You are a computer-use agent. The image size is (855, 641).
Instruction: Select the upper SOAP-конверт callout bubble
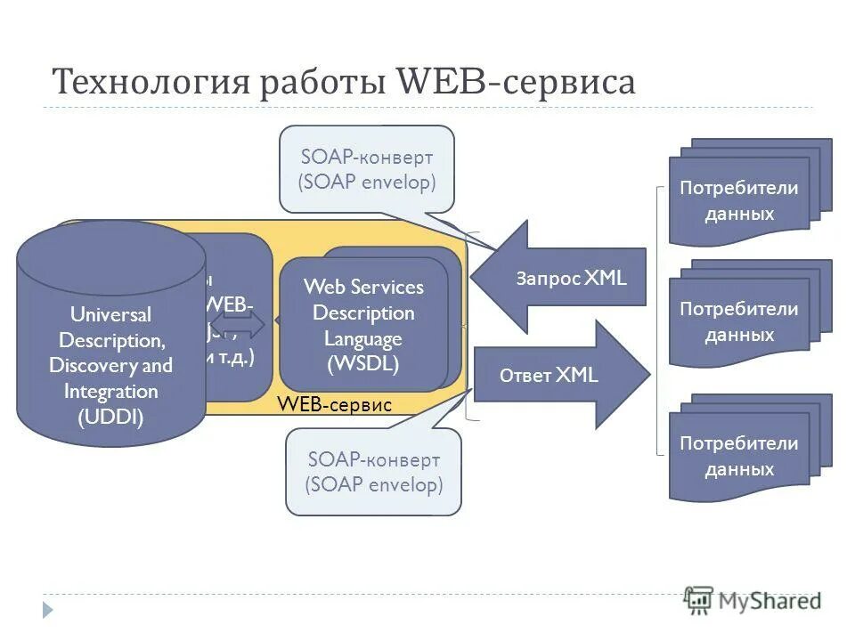[367, 169]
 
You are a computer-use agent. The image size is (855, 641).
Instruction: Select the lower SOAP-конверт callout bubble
[373, 472]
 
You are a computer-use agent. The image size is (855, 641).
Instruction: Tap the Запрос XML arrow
[561, 278]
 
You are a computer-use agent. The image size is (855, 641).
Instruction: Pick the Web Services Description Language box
[363, 325]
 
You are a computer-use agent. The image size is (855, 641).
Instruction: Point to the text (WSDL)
[363, 364]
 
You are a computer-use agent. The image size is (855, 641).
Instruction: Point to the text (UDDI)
[110, 417]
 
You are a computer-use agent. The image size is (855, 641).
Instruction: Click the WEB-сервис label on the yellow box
[334, 404]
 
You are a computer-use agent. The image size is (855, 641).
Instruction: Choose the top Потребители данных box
[739, 201]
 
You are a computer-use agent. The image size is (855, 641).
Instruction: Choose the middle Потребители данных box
[739, 322]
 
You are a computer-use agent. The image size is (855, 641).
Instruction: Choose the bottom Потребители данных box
[739, 456]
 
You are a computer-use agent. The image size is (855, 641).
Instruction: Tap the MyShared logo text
[769, 601]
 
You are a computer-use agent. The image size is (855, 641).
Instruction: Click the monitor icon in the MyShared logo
[699, 600]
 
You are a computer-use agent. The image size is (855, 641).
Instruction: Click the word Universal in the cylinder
[110, 314]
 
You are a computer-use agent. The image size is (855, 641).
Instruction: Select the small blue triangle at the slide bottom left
[49, 610]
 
